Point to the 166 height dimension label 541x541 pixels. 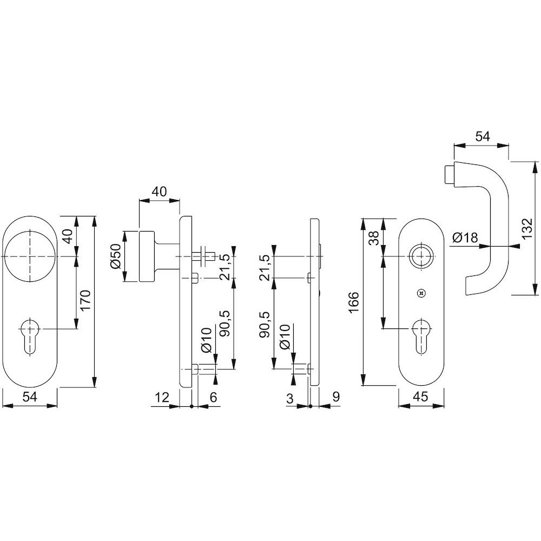pyautogui.click(x=354, y=302)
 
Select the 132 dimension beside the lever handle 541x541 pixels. pyautogui.click(x=527, y=229)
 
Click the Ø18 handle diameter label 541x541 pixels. pyautogui.click(x=465, y=237)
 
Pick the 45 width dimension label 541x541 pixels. pyautogui.click(x=420, y=397)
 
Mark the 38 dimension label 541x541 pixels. pyautogui.click(x=374, y=237)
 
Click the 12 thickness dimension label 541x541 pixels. pyautogui.click(x=161, y=397)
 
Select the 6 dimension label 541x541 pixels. pyautogui.click(x=213, y=397)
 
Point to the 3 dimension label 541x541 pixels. pyautogui.click(x=290, y=398)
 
